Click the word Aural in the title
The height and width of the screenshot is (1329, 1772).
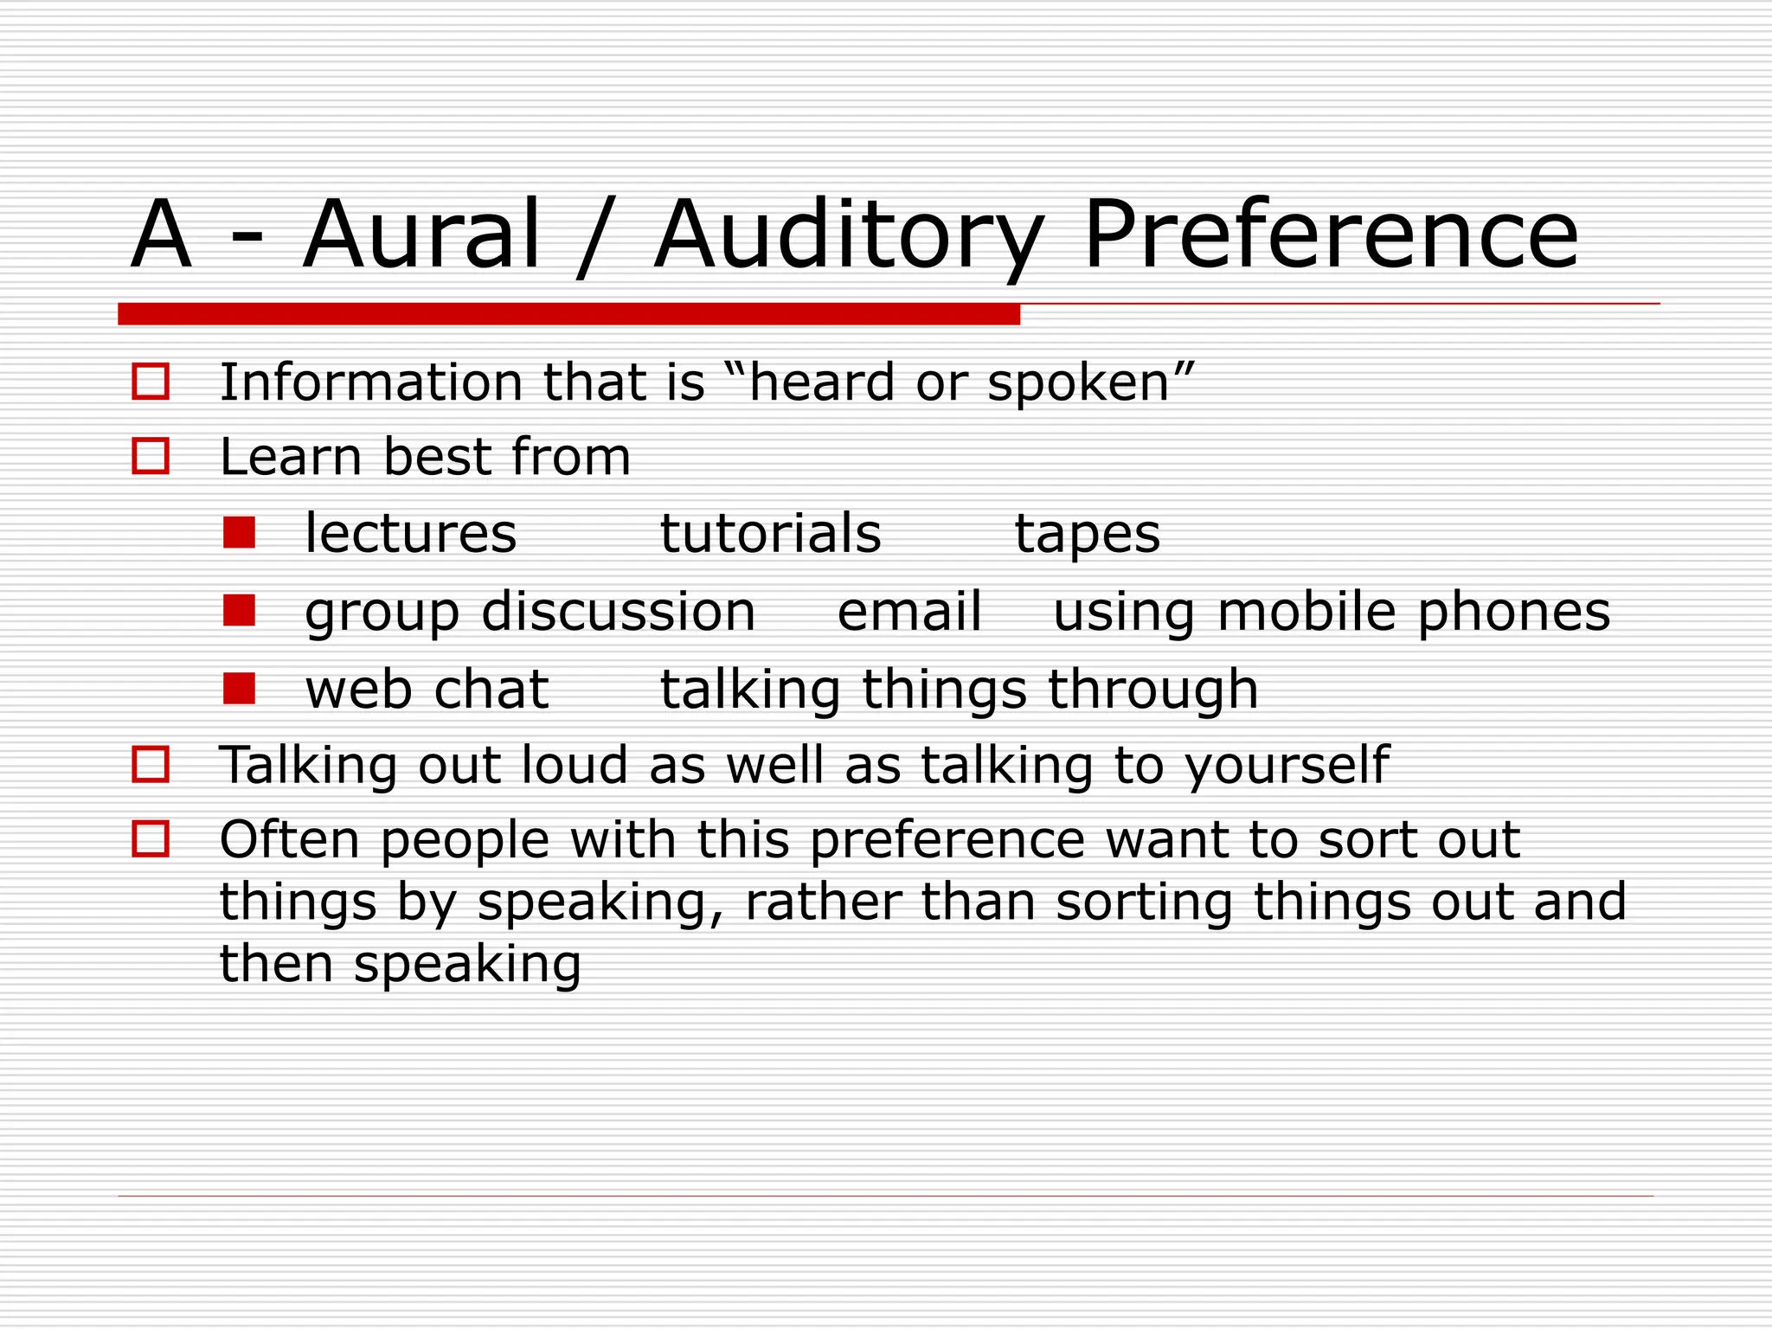[x=422, y=234]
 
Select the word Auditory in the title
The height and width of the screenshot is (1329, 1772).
[x=848, y=236]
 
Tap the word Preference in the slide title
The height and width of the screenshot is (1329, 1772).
[x=1331, y=234]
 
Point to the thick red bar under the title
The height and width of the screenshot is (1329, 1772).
[x=568, y=314]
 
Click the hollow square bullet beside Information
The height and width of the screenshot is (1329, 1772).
[x=151, y=382]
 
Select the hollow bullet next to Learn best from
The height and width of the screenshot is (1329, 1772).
[x=151, y=456]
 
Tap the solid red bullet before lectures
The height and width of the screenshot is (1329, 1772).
[x=239, y=533]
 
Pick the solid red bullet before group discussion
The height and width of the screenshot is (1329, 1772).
[x=239, y=611]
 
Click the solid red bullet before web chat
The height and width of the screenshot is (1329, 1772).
[x=239, y=689]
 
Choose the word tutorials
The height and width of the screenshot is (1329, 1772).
[x=771, y=533]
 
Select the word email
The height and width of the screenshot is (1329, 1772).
[x=909, y=611]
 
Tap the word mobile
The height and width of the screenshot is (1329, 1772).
[x=1307, y=611]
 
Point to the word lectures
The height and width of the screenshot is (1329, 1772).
[x=411, y=533]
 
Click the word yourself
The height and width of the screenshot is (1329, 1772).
[x=1286, y=767]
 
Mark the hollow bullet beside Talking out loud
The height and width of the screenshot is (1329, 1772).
[x=151, y=765]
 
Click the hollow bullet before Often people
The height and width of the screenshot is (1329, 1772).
[x=151, y=838]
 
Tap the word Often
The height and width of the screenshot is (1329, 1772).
[x=289, y=839]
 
